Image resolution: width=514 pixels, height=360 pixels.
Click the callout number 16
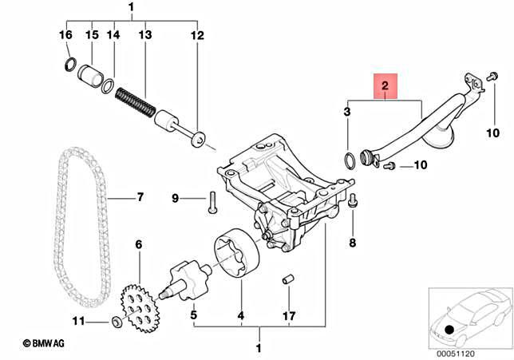pyautogui.click(x=66, y=36)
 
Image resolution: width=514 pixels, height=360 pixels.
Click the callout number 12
pyautogui.click(x=197, y=36)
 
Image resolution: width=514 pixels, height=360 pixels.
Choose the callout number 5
pyautogui.click(x=193, y=315)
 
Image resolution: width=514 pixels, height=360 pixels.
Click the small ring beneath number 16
pyautogui.click(x=70, y=64)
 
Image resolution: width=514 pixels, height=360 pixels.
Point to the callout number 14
pyautogui.click(x=113, y=36)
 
